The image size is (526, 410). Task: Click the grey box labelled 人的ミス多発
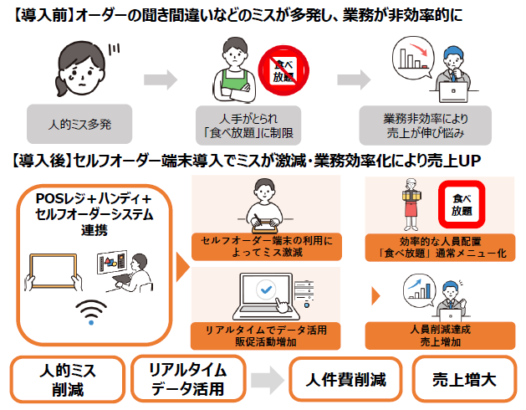click(79, 125)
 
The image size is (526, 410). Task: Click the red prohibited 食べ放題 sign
click(278, 68)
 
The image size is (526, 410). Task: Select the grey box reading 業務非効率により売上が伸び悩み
click(424, 125)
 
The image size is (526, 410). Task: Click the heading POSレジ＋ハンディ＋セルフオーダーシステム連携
click(94, 213)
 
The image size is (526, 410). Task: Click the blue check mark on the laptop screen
click(267, 289)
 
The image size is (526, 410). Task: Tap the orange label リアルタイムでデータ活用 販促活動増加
click(267, 334)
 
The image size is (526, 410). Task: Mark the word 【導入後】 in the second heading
click(40, 160)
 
